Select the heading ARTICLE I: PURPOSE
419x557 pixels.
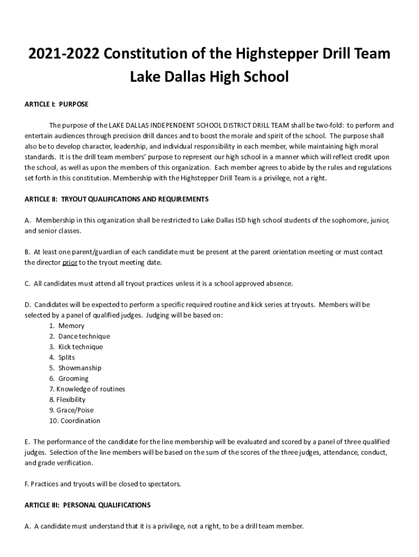57,104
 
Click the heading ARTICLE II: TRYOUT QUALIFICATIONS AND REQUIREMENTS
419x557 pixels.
116,199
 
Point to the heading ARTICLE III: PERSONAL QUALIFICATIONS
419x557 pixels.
88,505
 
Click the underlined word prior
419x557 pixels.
70,262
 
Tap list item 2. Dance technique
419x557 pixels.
79,336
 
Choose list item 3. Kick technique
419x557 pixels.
76,346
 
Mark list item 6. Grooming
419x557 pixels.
69,378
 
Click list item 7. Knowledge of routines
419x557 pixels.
87,389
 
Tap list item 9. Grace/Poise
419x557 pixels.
71,410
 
